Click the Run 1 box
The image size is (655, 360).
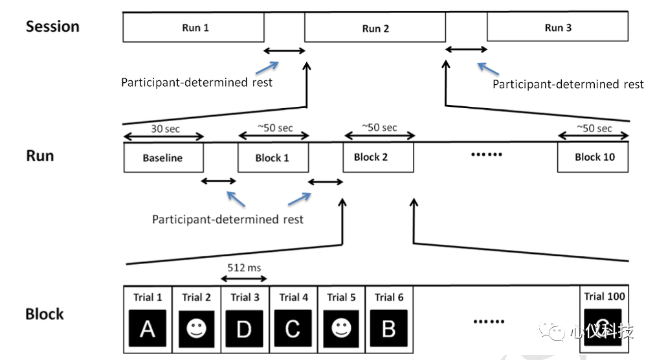tap(194, 27)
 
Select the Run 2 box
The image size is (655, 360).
tap(375, 27)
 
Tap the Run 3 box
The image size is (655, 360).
tap(558, 27)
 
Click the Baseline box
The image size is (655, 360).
tap(164, 157)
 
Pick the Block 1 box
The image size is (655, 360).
tap(273, 157)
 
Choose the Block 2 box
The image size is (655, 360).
tap(379, 157)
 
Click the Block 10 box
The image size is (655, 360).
tap(593, 157)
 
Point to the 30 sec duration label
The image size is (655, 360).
tap(166, 129)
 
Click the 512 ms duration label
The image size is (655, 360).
tap(244, 267)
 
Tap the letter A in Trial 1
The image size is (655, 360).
tap(148, 329)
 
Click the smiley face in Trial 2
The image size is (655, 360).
tap(196, 328)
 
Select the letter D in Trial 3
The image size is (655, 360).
tap(245, 329)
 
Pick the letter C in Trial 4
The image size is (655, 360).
tap(293, 329)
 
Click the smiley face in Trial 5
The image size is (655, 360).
tap(341, 328)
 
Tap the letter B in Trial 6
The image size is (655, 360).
tap(389, 329)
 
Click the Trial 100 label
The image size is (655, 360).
tap(605, 297)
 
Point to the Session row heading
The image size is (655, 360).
tap(52, 27)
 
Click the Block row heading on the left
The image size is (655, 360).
tap(45, 314)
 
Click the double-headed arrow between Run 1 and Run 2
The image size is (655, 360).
tap(285, 51)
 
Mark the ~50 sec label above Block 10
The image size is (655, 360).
tap(594, 128)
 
